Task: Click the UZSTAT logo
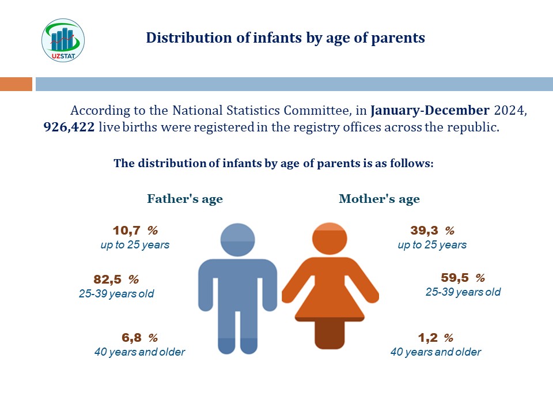pos(63,40)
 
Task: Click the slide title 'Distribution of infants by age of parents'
pos(285,38)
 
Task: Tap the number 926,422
pos(69,127)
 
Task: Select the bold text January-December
pos(430,111)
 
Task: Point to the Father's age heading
pos(185,199)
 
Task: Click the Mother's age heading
pos(379,199)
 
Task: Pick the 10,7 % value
pos(135,231)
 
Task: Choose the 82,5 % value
pos(116,280)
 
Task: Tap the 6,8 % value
pos(139,338)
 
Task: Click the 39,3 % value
pos(433,231)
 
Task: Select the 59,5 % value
pos(463,278)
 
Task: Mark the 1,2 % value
pos(435,338)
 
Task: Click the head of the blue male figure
pos(237,240)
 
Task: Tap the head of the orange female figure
pos(329,239)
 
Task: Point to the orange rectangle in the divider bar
pos(16,84)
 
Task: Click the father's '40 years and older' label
pos(139,352)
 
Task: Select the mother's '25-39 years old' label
pos(463,292)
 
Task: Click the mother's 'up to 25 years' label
pos(432,244)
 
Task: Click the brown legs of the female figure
pos(329,334)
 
